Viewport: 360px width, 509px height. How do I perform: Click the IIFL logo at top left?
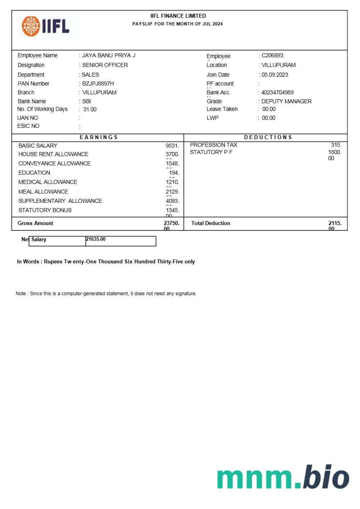[x=46, y=27]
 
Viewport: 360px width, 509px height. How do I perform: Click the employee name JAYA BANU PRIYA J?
[x=109, y=56]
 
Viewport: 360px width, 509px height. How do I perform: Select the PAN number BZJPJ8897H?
[x=98, y=84]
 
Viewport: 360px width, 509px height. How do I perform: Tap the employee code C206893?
[x=272, y=56]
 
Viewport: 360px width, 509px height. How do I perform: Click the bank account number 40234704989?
[x=277, y=93]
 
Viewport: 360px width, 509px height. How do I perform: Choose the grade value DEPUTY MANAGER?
[x=286, y=101]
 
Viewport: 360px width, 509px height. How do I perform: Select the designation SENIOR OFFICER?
[x=105, y=65]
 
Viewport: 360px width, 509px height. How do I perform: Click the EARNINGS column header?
[x=98, y=137]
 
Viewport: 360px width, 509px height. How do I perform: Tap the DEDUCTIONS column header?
[x=268, y=137]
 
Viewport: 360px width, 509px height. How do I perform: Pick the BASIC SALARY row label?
[x=38, y=146]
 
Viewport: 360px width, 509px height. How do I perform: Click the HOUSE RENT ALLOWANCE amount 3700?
[x=172, y=155]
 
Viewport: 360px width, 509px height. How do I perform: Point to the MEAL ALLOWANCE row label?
[x=43, y=192]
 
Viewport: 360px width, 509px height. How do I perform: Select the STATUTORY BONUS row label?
[x=45, y=210]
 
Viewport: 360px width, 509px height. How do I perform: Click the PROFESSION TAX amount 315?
[x=336, y=145]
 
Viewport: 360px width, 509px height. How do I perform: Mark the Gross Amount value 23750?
[x=171, y=223]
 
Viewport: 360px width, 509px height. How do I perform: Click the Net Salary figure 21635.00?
[x=96, y=239]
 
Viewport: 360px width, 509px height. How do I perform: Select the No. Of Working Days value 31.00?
[x=90, y=110]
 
